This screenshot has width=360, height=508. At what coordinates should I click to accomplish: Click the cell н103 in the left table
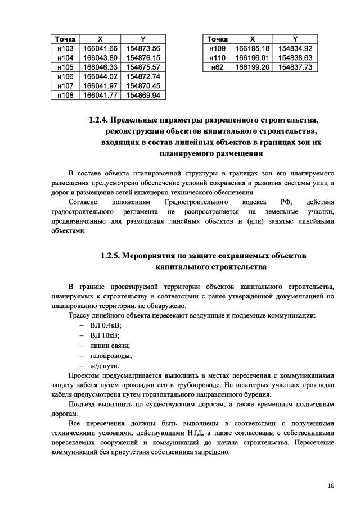(x=66, y=48)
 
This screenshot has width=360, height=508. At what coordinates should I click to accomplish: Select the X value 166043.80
(x=100, y=58)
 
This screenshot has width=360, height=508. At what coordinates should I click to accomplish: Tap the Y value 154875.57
(x=143, y=67)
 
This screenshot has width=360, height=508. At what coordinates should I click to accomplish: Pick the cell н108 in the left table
(x=66, y=95)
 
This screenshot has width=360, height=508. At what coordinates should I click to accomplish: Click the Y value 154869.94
(x=143, y=95)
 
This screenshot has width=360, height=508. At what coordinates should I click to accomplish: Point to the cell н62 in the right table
(x=217, y=67)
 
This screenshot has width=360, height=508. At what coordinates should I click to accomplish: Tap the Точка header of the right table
(x=217, y=39)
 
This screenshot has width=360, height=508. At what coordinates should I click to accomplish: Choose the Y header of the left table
(x=143, y=39)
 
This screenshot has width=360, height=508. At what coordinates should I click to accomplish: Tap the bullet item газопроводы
(x=110, y=356)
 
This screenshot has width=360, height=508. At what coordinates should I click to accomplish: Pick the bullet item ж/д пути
(x=104, y=366)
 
